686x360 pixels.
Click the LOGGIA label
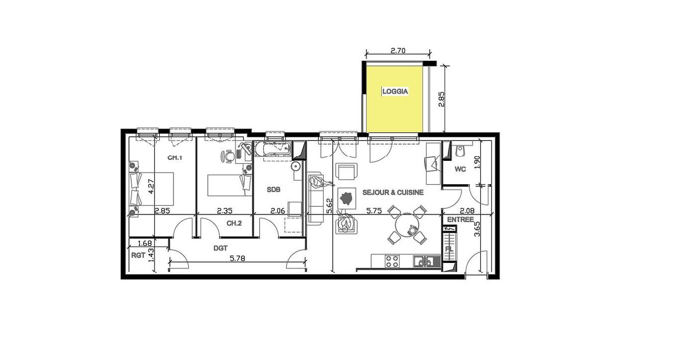pos(395,91)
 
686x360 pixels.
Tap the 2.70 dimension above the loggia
pos(398,51)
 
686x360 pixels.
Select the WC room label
pos(460,169)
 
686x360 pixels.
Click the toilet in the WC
pos(460,151)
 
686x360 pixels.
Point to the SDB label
pos(274,189)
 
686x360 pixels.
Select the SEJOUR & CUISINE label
pos(393,193)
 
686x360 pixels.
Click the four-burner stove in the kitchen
pos(392,261)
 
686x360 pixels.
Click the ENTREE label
pos(460,220)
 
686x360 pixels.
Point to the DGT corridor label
pos(220,248)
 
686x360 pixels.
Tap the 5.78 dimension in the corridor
pos(237,258)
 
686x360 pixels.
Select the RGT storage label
pos(138,255)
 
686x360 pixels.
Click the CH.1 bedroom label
pos(175,158)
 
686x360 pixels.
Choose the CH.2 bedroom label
pos(234,223)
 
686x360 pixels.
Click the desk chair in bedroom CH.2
pos(228,156)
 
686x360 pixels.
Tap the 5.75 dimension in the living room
pos(374,211)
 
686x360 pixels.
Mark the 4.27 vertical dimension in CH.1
pos(151,186)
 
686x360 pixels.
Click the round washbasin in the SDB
pos(296,166)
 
